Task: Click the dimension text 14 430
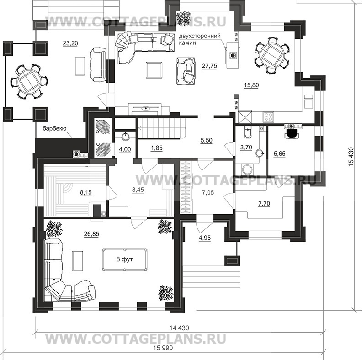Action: [x=178, y=328]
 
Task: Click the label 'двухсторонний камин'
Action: [x=200, y=39]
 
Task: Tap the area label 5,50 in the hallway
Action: [x=207, y=141]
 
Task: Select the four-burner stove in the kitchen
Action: [x=268, y=117]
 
